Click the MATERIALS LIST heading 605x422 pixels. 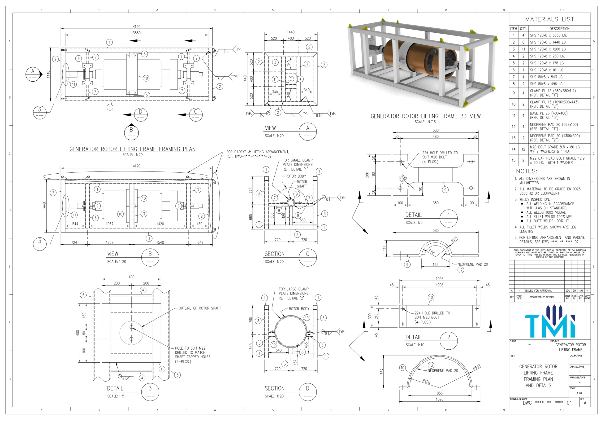point(549,19)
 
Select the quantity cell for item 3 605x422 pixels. point(523,49)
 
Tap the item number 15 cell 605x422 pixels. point(514,160)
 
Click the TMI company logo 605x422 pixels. point(550,321)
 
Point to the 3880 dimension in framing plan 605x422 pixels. point(137,33)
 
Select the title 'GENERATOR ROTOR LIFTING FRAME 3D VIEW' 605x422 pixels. point(426,116)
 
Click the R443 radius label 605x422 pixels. point(477,367)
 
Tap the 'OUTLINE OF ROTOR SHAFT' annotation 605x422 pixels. point(200,308)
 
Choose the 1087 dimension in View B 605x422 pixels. point(110,224)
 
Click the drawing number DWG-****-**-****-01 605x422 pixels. point(547,403)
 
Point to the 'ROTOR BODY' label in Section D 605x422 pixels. point(299,309)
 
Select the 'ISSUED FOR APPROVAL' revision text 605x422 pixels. point(538,291)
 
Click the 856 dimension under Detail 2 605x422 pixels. point(440,393)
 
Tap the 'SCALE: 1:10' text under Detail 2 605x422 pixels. point(415,345)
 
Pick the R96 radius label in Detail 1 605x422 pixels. point(432,252)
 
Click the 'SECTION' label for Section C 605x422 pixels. point(275,254)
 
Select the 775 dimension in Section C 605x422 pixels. point(251,190)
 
